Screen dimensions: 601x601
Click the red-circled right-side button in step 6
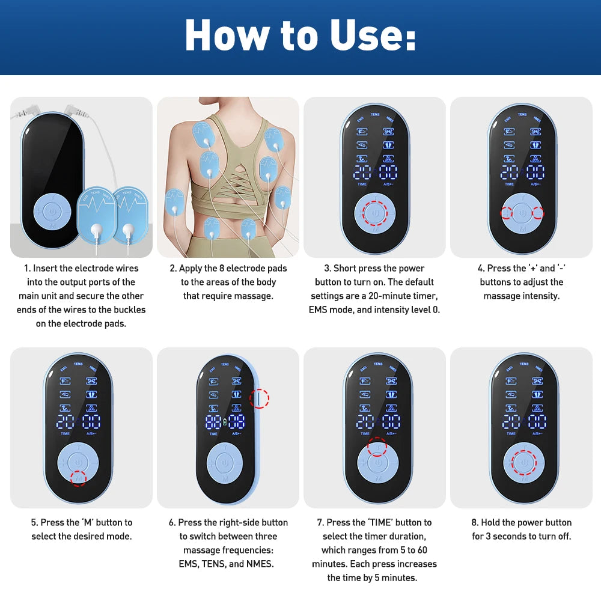[259, 398]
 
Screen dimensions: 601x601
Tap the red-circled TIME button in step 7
[377, 447]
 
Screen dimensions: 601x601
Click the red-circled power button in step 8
[523, 463]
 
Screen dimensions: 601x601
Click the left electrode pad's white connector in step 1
[96, 231]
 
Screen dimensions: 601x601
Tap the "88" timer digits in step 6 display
[213, 421]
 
